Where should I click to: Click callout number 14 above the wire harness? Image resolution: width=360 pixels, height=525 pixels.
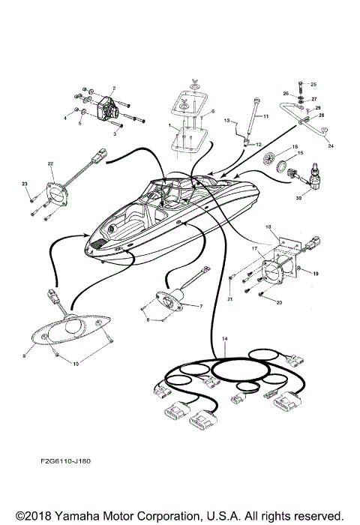[224, 340]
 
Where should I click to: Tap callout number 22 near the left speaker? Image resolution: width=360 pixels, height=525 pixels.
[50, 163]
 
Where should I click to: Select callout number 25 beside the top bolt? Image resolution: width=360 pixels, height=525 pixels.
[314, 84]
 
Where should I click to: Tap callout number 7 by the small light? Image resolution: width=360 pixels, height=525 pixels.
[200, 307]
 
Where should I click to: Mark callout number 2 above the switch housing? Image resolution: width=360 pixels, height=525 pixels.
[113, 88]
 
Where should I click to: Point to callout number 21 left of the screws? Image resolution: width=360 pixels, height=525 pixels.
[230, 298]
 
